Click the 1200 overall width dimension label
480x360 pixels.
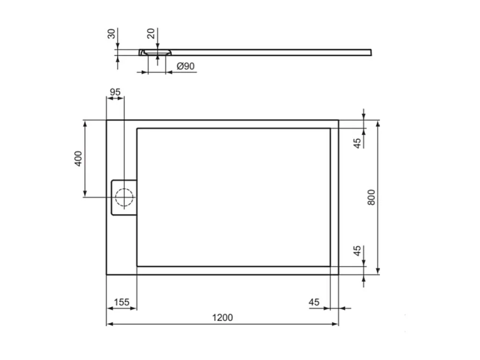222,317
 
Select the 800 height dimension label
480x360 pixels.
371,197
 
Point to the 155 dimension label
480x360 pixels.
121,302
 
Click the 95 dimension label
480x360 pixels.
115,92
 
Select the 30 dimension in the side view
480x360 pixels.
111,33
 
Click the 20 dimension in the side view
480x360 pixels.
151,33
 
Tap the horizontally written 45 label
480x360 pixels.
314,302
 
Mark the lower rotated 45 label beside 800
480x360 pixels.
358,251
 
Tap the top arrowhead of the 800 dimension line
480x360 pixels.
378,123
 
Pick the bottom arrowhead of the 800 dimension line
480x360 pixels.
378,271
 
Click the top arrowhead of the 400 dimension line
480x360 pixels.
85,123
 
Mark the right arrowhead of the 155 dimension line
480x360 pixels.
134,308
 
